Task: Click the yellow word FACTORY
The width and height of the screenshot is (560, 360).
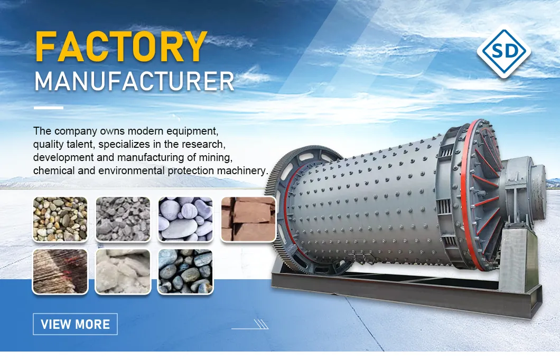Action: pyautogui.click(x=121, y=48)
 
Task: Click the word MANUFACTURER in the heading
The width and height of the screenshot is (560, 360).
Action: pyautogui.click(x=134, y=81)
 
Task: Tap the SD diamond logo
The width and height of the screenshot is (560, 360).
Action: pyautogui.click(x=503, y=51)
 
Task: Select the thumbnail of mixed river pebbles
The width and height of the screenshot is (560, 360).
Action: pyautogui.click(x=60, y=219)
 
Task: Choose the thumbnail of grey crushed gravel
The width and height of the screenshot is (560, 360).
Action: pyautogui.click(x=122, y=219)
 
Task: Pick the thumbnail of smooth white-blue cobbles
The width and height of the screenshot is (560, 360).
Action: pyautogui.click(x=185, y=219)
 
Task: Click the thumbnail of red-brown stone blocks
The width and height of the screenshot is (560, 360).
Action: pyautogui.click(x=248, y=219)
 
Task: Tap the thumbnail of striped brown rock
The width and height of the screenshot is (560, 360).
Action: pyautogui.click(x=60, y=271)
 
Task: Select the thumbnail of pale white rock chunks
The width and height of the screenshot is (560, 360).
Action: pyautogui.click(x=122, y=271)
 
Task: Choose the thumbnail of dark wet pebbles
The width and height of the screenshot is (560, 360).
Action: pyautogui.click(x=185, y=271)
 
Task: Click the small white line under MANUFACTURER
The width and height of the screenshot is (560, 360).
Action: pyautogui.click(x=48, y=108)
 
